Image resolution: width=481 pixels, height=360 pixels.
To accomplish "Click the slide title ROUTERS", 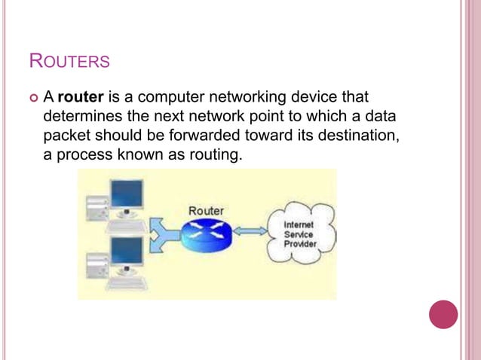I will coord(69,60).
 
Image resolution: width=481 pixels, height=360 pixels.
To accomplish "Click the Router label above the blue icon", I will coord(206,210).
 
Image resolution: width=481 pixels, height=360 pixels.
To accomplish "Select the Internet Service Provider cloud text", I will coord(299,235).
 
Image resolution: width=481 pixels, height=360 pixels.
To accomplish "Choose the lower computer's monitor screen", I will coord(126,253).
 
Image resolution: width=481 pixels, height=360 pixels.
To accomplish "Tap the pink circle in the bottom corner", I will coord(443,314).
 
